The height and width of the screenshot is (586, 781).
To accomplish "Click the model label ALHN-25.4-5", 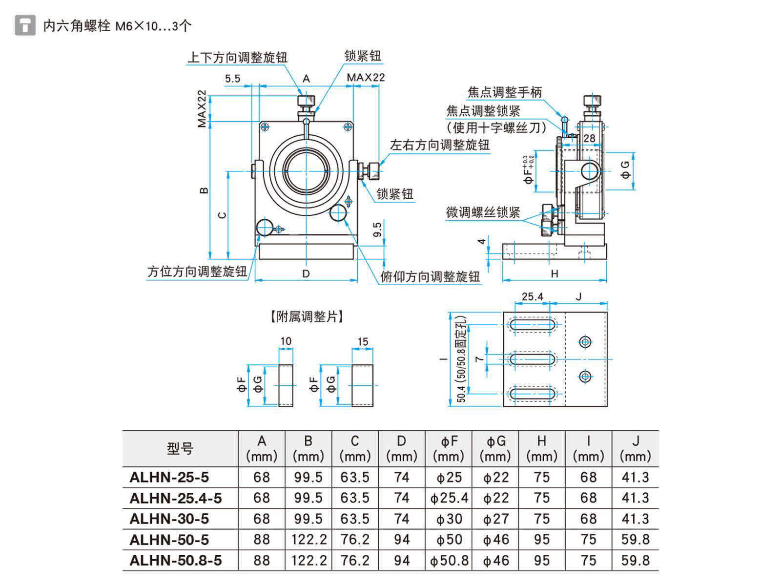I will (176, 498).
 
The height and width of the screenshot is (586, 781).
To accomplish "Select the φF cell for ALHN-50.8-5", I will (449, 561).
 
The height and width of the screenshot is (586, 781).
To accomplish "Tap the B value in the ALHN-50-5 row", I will (308, 540).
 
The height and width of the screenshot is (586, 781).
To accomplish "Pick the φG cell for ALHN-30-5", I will (495, 519).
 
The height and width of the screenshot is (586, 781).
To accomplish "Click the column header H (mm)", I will (541, 448).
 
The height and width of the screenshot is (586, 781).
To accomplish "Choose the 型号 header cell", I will (180, 448).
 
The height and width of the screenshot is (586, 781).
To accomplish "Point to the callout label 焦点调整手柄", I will (504, 92).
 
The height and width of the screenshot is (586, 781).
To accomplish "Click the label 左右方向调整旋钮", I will (439, 145).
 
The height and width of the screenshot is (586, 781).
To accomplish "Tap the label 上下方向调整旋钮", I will (237, 58).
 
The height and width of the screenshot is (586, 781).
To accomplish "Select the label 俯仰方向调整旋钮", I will (430, 277).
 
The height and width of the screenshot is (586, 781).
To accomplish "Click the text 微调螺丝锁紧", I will (483, 212).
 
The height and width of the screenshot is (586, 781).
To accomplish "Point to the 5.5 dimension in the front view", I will (233, 79).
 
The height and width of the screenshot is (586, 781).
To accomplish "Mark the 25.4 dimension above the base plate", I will (532, 296).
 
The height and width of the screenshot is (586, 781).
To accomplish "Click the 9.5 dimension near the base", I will (377, 230).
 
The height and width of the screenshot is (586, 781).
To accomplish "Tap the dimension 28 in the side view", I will (589, 138).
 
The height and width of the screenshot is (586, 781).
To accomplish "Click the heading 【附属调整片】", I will (307, 316).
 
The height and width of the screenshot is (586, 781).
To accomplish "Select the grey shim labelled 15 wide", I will (362, 385).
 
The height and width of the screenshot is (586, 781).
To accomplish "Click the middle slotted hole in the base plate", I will (532, 359).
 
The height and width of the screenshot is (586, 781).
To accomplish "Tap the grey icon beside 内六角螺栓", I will (25, 25).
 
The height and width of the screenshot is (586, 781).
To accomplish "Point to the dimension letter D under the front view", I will (306, 273).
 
